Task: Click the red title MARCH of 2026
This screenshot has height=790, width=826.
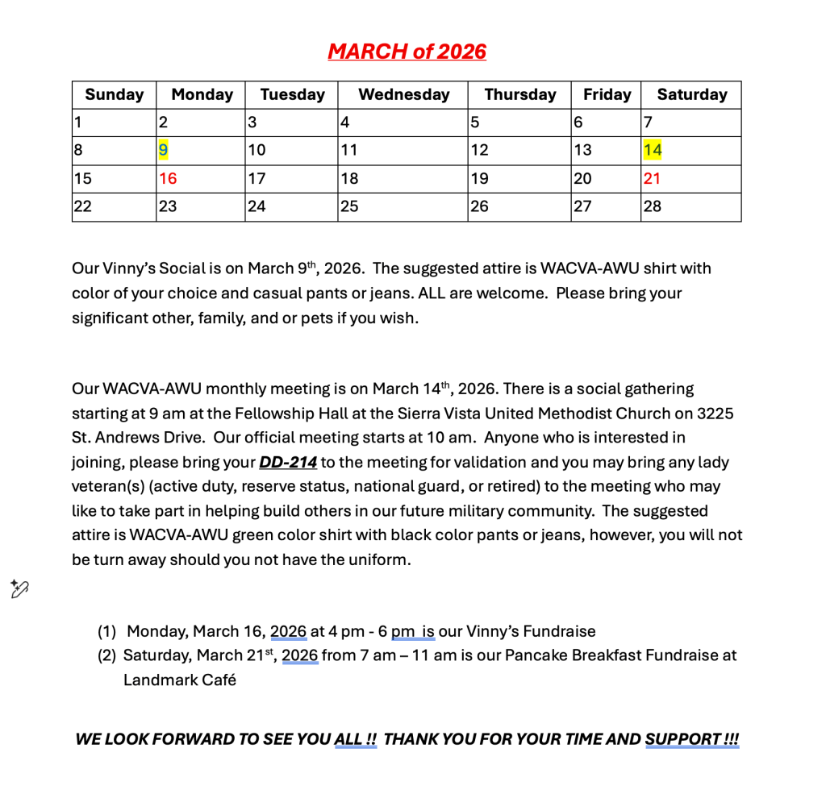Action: pyautogui.click(x=407, y=52)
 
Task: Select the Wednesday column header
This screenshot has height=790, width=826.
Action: pyautogui.click(x=403, y=94)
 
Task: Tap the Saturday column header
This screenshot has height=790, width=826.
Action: pyautogui.click(x=691, y=94)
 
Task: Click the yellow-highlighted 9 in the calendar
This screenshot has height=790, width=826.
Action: pyautogui.click(x=163, y=150)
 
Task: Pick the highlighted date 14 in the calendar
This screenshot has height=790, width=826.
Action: pyautogui.click(x=652, y=150)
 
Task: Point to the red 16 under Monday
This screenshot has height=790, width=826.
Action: pyautogui.click(x=168, y=178)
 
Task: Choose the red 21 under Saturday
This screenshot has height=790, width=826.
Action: pyautogui.click(x=652, y=178)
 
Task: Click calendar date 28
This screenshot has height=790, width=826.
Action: pyautogui.click(x=652, y=206)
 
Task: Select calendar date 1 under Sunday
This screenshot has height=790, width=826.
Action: pyautogui.click(x=78, y=123)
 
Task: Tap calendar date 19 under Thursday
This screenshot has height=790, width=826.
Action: pyautogui.click(x=479, y=178)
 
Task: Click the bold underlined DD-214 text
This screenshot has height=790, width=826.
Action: pyautogui.click(x=287, y=462)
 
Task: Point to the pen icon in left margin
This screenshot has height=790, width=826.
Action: pyautogui.click(x=19, y=589)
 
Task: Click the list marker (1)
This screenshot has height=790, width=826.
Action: pyautogui.click(x=107, y=631)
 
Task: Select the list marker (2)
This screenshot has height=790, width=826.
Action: pyautogui.click(x=107, y=655)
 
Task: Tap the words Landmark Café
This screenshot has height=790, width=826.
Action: pyautogui.click(x=179, y=680)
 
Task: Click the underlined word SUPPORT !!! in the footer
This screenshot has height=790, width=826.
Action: pyautogui.click(x=691, y=739)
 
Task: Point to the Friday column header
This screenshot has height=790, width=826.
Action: pyautogui.click(x=607, y=94)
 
